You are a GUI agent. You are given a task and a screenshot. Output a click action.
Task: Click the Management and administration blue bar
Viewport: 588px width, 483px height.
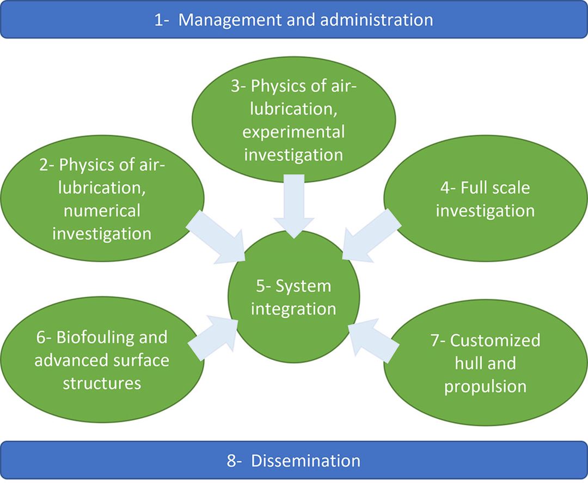(294, 20)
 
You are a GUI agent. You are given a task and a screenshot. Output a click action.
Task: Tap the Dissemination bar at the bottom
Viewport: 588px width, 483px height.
(294, 461)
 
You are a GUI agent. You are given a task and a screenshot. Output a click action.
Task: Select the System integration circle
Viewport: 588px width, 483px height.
(294, 297)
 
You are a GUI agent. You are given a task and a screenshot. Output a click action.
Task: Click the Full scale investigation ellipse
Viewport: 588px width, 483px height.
(485, 200)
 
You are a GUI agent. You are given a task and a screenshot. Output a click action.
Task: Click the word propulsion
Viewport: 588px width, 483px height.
(485, 387)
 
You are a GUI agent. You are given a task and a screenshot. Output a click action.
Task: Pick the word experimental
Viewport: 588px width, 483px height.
(294, 131)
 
